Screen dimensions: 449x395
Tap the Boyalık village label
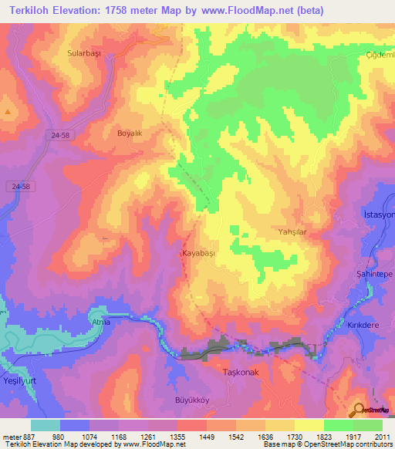(x=130, y=133)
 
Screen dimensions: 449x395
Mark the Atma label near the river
(x=101, y=322)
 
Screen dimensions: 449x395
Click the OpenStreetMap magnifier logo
(x=358, y=410)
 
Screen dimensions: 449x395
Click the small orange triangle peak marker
(x=7, y=111)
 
